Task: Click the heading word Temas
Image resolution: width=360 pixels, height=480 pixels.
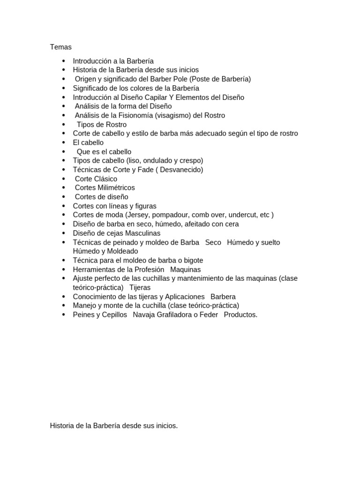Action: pos(61,47)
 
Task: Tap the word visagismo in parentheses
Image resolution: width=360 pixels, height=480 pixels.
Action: pos(175,115)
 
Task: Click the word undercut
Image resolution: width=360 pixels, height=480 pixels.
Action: pos(242,215)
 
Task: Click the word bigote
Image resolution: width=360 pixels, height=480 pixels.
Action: pos(191,260)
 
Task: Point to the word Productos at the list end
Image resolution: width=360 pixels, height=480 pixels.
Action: pos(240,315)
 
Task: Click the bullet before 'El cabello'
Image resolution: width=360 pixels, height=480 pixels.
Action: pos(64,143)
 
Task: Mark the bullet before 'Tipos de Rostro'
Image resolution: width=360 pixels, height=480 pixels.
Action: pos(64,125)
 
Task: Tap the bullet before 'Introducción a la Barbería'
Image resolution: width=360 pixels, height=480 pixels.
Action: pos(64,61)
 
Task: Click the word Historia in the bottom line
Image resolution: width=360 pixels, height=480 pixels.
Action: pos(63,426)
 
